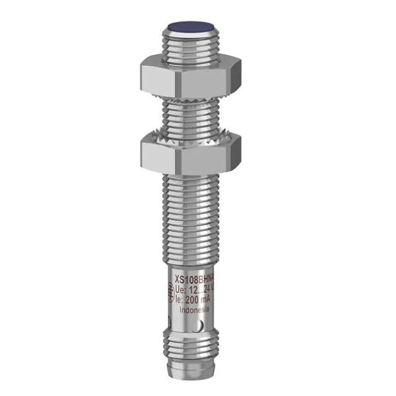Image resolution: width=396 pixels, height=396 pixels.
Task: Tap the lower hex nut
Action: point(178,153)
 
